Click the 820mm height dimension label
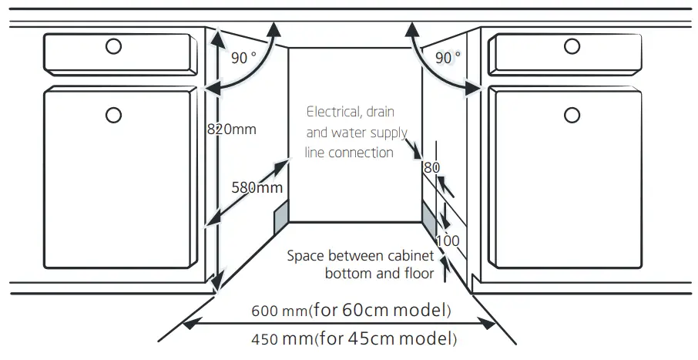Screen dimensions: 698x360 click(231, 130)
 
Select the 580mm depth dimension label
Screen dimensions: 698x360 click(257, 187)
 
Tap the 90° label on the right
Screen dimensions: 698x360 click(448, 57)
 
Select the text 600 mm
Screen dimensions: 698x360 click(278, 312)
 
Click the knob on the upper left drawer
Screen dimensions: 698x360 click(113, 46)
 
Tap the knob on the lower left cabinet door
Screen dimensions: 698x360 click(113, 116)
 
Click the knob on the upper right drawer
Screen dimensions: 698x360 click(572, 46)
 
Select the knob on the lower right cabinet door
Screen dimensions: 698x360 click(572, 116)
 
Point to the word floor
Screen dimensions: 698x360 click(418, 273)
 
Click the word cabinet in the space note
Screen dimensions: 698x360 click(408, 255)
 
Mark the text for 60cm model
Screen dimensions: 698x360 click(380, 311)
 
